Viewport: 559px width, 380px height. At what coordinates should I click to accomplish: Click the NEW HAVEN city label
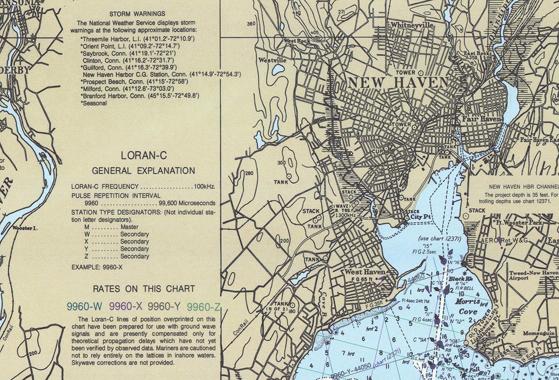(x=398, y=82)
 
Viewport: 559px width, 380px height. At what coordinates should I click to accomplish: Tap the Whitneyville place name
(x=412, y=24)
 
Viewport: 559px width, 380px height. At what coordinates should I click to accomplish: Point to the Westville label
(x=272, y=60)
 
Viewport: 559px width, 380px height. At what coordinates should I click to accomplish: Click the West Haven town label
(x=364, y=272)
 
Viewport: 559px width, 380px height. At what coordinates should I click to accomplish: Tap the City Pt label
(x=421, y=216)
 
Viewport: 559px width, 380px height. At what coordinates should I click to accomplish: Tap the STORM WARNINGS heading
(x=137, y=14)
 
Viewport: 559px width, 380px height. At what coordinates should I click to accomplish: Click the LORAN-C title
(x=144, y=155)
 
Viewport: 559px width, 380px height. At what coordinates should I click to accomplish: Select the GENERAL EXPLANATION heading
(x=143, y=171)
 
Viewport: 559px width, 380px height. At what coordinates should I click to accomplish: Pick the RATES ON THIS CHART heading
(x=144, y=289)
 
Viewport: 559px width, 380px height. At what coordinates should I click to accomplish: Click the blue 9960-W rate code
(x=84, y=307)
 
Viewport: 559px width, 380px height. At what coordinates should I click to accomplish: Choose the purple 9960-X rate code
(x=126, y=307)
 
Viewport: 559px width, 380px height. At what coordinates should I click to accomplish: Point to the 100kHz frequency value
(x=204, y=187)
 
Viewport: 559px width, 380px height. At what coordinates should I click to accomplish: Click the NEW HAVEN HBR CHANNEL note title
(x=524, y=187)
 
